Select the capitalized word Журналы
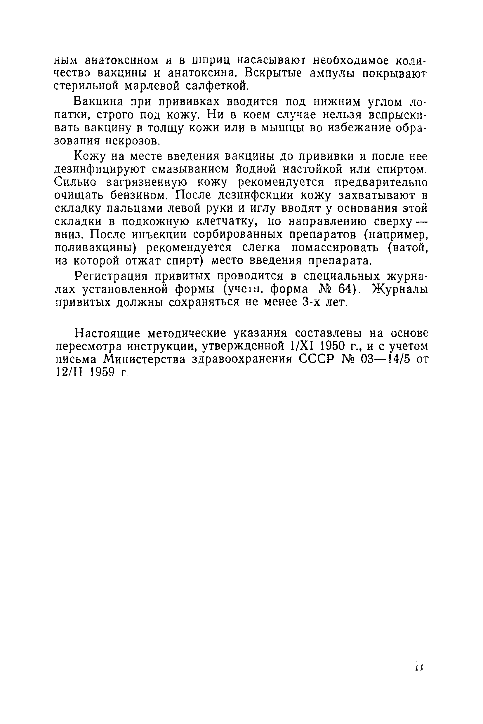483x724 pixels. (x=400, y=289)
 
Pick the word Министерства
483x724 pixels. (x=145, y=359)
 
